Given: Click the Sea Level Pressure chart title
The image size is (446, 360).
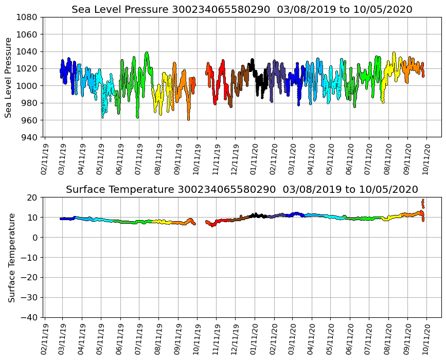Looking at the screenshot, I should point(242,10).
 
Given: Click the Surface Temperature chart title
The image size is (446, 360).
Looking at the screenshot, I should point(242,190).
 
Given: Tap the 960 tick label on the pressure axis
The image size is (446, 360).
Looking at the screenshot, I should point(29,120).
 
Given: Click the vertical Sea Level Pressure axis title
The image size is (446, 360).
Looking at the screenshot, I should point(9,77).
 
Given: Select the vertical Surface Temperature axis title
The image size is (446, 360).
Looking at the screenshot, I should point(11,257).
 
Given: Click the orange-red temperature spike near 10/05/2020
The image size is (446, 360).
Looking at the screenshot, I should point(423,204).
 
